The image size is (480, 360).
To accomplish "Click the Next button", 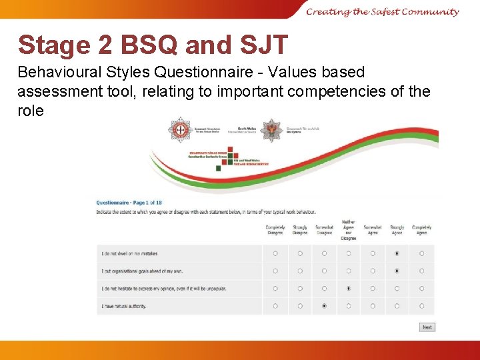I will (427, 327).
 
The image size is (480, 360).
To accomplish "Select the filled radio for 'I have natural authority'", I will (324, 306).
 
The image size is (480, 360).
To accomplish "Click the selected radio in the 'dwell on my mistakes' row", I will (397, 253).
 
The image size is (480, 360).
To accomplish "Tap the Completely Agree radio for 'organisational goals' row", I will (421, 271).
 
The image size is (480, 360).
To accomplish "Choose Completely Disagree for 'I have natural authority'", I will (275, 306).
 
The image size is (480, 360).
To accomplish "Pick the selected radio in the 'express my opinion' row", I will (349, 289).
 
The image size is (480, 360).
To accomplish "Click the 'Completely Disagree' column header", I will (275, 230).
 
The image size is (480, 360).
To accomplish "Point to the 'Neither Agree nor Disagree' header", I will (349, 230).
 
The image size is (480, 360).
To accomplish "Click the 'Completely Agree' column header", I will (421, 230).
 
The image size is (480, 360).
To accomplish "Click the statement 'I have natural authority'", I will (124, 307).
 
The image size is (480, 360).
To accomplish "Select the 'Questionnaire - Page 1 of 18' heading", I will (129, 203).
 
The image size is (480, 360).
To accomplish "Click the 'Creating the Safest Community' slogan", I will (383, 11).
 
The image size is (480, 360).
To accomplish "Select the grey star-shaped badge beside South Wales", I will (271, 130).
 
